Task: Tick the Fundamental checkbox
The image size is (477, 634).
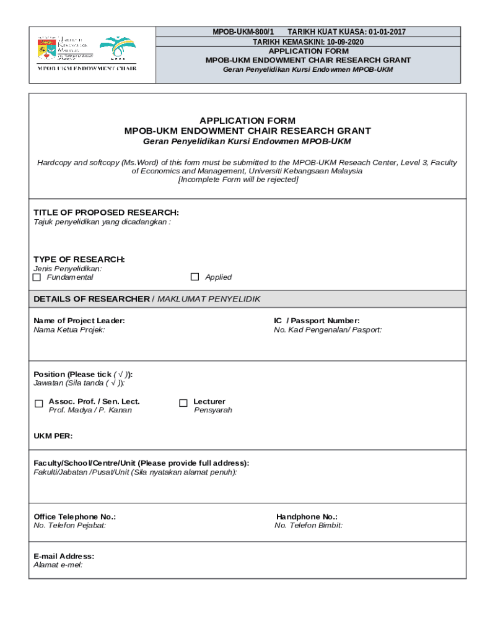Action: pyautogui.click(x=37, y=277)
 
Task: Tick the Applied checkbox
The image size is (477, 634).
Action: pyautogui.click(x=195, y=277)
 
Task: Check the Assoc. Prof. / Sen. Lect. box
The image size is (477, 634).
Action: pyautogui.click(x=39, y=404)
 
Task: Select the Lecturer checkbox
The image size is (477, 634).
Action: pyautogui.click(x=183, y=403)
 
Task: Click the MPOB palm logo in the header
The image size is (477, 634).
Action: pyautogui.click(x=118, y=48)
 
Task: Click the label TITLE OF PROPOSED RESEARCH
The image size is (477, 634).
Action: pyautogui.click(x=106, y=212)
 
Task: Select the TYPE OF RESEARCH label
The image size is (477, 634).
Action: pyautogui.click(x=79, y=259)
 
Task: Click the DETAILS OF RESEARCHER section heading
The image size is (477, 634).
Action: pyautogui.click(x=91, y=299)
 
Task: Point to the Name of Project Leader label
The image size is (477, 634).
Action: pyautogui.click(x=79, y=321)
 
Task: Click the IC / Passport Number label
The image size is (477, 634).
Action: pyautogui.click(x=317, y=321)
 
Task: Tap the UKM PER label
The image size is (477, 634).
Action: pyautogui.click(x=53, y=436)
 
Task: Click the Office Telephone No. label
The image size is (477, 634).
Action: pyautogui.click(x=74, y=516)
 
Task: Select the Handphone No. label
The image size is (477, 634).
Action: pyautogui.click(x=307, y=516)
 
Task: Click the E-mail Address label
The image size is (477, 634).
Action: pyautogui.click(x=64, y=556)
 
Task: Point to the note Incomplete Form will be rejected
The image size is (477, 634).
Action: pyautogui.click(x=239, y=180)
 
